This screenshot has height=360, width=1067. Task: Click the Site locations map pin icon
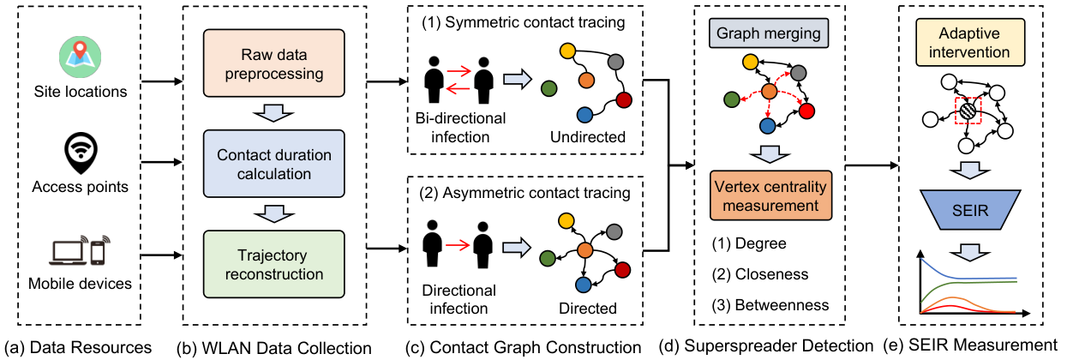point(80,57)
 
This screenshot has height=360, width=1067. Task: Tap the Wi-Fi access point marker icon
point(81,153)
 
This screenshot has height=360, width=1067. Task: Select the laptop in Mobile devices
point(69,251)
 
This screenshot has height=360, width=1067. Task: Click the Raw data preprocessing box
point(274,63)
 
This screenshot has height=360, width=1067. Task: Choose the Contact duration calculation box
point(274,164)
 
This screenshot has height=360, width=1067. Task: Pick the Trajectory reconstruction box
point(274,264)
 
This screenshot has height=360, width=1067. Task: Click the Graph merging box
point(769,33)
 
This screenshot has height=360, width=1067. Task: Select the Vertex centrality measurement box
point(770,195)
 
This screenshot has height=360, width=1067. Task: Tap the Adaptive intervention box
point(970,42)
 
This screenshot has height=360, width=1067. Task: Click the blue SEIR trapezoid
point(970,210)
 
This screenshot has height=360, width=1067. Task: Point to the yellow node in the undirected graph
point(567,51)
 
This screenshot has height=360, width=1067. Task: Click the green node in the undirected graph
point(549,88)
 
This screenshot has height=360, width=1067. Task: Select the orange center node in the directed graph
point(585,250)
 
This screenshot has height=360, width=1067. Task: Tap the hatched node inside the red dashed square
point(968,111)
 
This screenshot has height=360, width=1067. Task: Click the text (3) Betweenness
point(770,305)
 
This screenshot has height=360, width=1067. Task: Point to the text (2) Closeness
point(760,274)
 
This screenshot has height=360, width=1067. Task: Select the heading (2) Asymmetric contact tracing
point(525,193)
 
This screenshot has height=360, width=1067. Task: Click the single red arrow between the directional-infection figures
point(458,246)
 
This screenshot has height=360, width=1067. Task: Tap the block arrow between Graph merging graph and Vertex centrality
point(770,154)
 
